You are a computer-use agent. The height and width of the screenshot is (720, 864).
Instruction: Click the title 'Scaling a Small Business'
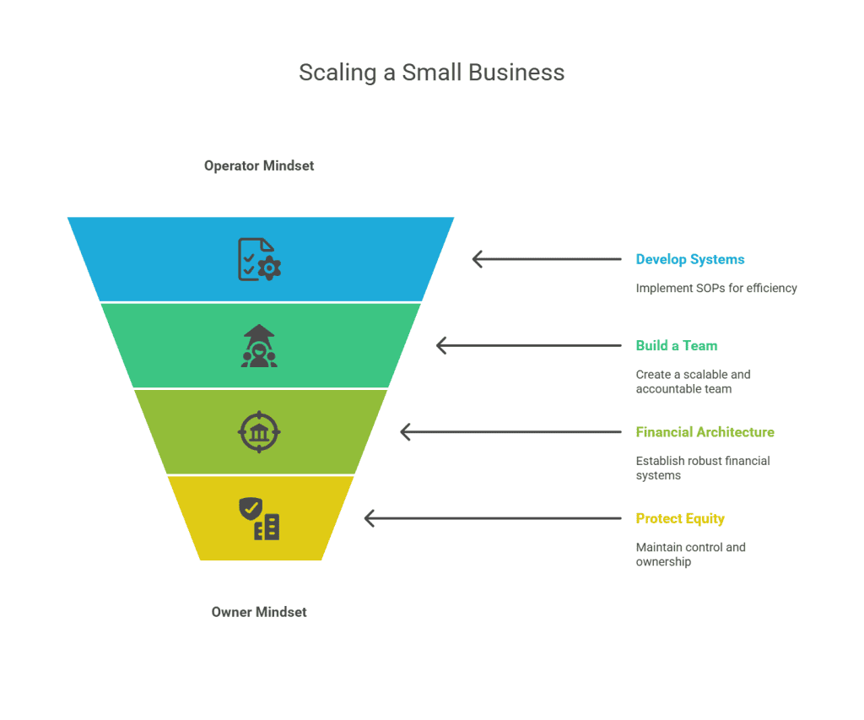(431, 73)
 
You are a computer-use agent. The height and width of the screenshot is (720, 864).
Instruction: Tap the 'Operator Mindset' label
(259, 165)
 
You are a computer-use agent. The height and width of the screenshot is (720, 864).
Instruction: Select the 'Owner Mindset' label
(259, 611)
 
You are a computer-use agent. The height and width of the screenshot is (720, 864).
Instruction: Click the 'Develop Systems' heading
(690, 259)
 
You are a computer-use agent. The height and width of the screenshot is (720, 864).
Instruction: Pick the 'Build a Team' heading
(677, 345)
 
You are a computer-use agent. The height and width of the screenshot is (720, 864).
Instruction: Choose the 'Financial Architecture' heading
(705, 432)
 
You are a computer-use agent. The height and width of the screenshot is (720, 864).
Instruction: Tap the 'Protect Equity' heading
(680, 518)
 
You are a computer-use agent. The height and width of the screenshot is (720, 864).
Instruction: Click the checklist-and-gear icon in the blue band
(259, 259)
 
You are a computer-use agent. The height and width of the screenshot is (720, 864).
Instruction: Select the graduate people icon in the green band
(259, 346)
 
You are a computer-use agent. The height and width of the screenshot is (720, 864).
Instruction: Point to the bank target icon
(259, 432)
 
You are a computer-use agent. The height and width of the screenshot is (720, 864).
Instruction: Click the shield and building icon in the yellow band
(259, 518)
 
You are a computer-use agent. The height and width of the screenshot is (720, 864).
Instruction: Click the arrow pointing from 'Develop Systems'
(547, 259)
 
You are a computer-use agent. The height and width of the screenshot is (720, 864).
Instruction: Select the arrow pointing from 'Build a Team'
(528, 345)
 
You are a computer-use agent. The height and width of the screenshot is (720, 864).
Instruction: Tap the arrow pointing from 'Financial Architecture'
(510, 432)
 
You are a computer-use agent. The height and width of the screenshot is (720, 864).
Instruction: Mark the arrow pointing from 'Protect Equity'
(493, 518)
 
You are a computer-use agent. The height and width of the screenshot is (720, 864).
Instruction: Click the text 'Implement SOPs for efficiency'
(716, 288)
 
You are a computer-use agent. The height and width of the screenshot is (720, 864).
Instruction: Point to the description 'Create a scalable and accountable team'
(693, 382)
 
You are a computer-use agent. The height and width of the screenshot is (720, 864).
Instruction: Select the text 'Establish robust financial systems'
(703, 468)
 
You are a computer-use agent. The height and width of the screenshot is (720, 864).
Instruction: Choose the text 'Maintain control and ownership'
(690, 554)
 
